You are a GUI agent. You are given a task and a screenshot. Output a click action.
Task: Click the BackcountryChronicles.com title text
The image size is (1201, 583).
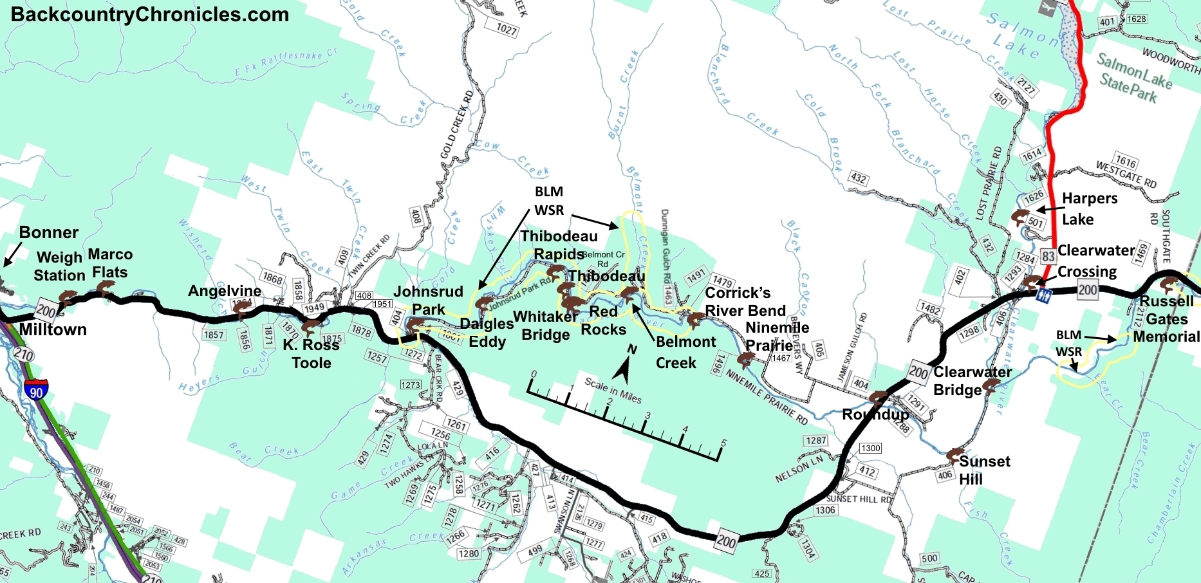[x=149, y=14]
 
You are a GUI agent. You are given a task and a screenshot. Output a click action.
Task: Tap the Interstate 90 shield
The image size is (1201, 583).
[x=35, y=389]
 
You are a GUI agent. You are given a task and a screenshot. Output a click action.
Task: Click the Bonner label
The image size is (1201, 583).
[x=49, y=232]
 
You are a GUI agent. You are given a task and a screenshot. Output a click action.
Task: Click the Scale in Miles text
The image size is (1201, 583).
[x=613, y=390]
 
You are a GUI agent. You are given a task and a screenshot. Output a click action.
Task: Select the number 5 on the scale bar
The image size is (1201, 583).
[x=723, y=443]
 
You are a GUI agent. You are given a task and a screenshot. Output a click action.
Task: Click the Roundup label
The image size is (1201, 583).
[x=875, y=414]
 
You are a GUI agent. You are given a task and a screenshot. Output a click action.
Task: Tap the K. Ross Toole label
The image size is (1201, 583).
[x=312, y=353]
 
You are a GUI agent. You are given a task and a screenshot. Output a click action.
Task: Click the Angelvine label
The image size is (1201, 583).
[x=225, y=291]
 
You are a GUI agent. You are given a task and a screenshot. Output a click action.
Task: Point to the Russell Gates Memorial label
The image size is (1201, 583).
[x=1166, y=319]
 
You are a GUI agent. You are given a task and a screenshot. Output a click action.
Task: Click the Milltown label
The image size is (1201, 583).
[x=53, y=329]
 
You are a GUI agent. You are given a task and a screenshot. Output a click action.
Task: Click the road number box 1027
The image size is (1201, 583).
[x=506, y=29]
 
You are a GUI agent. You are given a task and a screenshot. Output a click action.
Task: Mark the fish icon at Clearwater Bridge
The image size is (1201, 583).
[x=992, y=385]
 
